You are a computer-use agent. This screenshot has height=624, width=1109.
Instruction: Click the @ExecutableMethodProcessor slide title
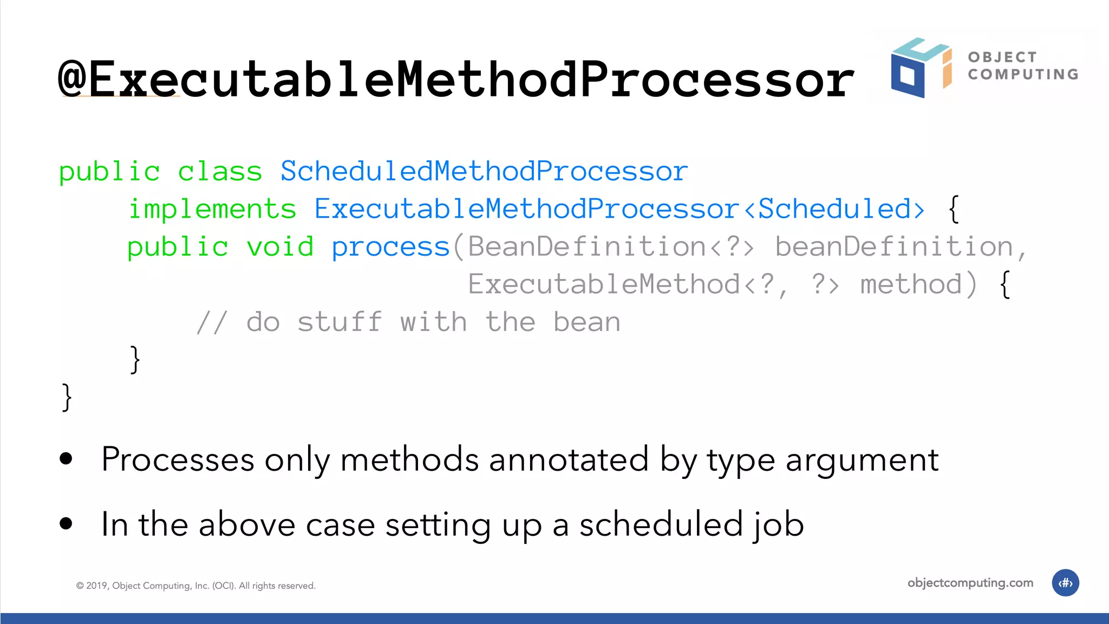[x=456, y=79]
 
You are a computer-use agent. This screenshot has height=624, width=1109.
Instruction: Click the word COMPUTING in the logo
[x=1023, y=74]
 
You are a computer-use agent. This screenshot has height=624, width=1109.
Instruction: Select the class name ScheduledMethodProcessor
[x=484, y=171]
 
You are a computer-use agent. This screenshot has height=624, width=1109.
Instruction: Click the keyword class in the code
[x=220, y=172]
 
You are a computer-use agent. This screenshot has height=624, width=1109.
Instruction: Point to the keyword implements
[x=212, y=209]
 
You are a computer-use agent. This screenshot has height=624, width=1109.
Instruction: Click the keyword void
[x=280, y=247]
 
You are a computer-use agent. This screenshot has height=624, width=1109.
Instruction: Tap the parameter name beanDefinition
[x=893, y=247]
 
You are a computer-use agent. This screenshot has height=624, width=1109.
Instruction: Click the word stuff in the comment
[x=340, y=322]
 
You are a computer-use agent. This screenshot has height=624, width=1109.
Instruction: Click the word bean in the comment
[x=586, y=322]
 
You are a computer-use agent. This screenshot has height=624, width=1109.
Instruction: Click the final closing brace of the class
[x=67, y=397]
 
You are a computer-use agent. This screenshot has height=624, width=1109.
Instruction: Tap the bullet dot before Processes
[x=66, y=459]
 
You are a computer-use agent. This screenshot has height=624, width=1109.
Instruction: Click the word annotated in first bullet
[x=569, y=459]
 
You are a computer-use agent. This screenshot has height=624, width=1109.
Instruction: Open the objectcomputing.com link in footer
[x=970, y=583]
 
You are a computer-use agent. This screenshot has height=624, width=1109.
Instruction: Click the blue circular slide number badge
[x=1065, y=583]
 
